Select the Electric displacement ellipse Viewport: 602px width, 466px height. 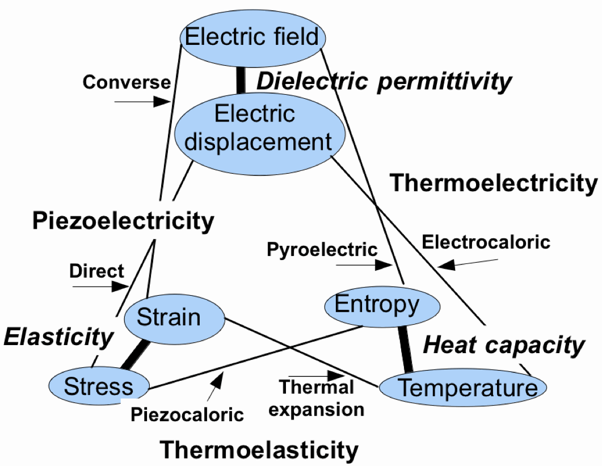pos(259,128)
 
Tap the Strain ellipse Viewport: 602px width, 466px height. pos(172,317)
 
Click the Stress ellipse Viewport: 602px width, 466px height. pos(98,387)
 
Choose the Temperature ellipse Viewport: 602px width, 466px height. pos(462,388)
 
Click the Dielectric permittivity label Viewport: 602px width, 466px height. pos(384,82)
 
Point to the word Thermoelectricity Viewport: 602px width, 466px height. pos(494,183)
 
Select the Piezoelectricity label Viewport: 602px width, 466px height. pos(123,221)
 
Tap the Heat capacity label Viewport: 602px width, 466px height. pos(504,345)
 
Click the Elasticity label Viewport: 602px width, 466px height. pos(59,337)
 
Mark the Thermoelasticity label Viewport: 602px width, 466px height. pos(259,450)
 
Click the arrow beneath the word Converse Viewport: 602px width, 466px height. pos(142,102)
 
